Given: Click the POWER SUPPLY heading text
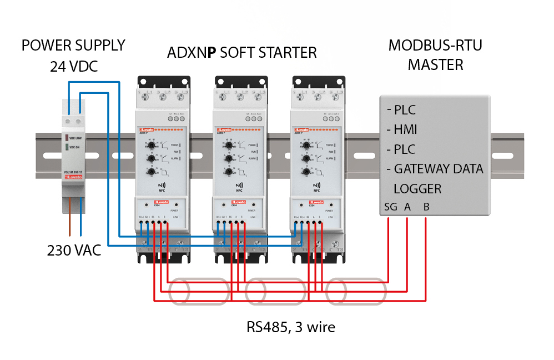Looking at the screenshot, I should coord(73,46).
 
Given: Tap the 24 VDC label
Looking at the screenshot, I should coord(73,67).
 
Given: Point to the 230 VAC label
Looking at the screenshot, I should coord(74,251).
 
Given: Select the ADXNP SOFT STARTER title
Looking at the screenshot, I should coord(242,53).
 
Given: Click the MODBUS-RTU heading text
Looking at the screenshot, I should coord(435,46).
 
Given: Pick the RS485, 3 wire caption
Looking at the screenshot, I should coord(291,327).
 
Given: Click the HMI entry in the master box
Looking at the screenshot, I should coord(405,129).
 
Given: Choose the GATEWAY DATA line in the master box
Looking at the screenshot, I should coord(438,169).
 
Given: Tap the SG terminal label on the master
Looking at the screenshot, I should coord(390,207).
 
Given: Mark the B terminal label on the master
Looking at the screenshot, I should coord(426,207).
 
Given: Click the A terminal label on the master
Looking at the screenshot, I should coord(407,207).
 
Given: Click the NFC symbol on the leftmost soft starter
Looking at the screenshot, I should coord(163,186).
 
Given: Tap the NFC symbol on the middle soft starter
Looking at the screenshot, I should coord(240,186).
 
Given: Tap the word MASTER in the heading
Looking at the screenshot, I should coord(435,65).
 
